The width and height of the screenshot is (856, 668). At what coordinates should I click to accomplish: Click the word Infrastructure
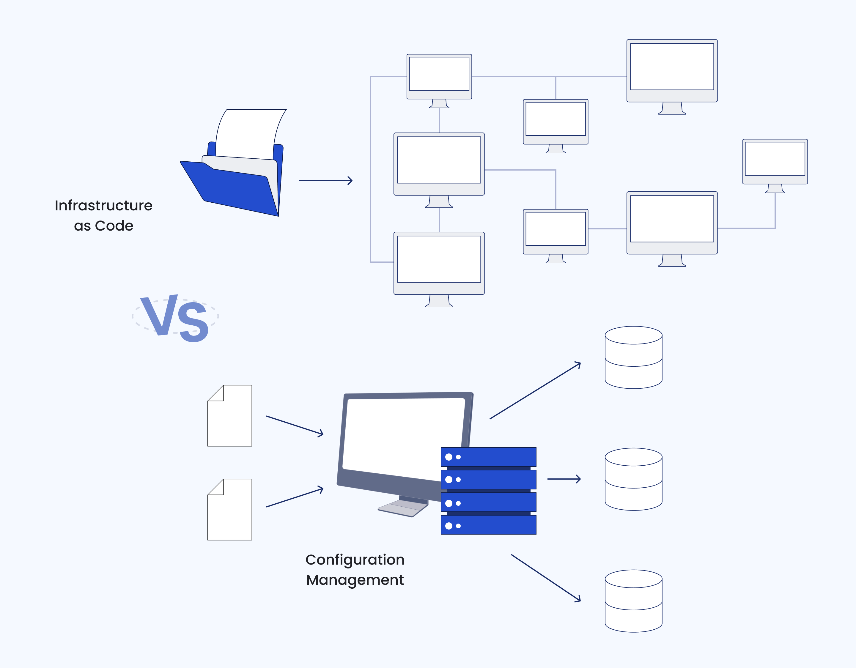tap(103, 205)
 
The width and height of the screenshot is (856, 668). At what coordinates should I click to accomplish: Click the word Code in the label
tap(114, 226)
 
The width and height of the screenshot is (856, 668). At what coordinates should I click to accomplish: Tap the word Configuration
tap(355, 560)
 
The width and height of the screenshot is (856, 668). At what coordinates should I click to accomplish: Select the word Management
tap(355, 580)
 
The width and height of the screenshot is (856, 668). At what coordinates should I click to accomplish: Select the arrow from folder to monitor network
tap(325, 181)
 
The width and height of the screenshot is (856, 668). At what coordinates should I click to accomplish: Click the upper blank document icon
tap(230, 416)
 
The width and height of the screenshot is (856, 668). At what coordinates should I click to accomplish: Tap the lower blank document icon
tap(230, 510)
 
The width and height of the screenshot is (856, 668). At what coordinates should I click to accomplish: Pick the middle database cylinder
tap(633, 479)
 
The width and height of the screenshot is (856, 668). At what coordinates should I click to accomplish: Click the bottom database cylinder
tap(633, 601)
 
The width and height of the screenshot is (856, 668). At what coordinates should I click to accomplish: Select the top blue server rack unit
tap(488, 457)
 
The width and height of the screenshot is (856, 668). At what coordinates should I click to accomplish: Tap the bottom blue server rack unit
tap(488, 525)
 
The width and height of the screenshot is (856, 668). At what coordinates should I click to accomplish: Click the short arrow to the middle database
tap(564, 479)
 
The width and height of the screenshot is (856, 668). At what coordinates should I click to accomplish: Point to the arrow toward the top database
tap(535, 391)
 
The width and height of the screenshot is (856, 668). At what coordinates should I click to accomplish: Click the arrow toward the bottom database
tap(546, 578)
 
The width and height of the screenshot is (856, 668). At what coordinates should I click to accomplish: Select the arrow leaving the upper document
tap(295, 426)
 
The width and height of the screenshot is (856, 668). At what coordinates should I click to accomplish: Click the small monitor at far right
tap(775, 161)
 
